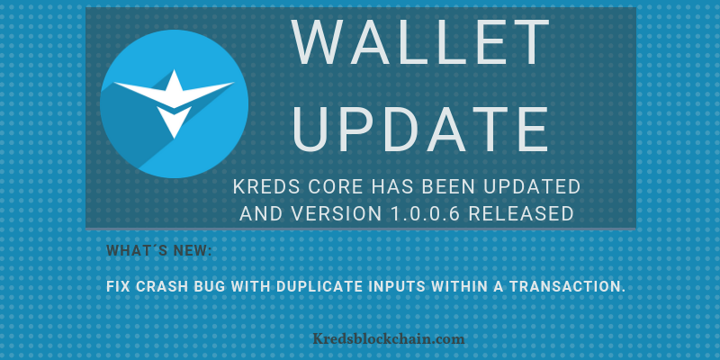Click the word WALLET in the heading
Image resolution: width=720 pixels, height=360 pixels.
pyautogui.click(x=420, y=41)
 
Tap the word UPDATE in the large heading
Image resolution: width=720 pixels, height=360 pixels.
pyautogui.click(x=420, y=130)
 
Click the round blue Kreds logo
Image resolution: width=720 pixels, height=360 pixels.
pyautogui.click(x=174, y=103)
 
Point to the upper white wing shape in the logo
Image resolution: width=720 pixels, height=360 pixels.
pyautogui.click(x=174, y=89)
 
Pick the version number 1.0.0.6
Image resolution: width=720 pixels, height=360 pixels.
pyautogui.click(x=424, y=213)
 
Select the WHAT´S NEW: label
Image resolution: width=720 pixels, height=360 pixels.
pyautogui.click(x=159, y=251)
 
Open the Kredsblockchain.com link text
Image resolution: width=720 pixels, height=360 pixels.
pyautogui.click(x=389, y=339)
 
